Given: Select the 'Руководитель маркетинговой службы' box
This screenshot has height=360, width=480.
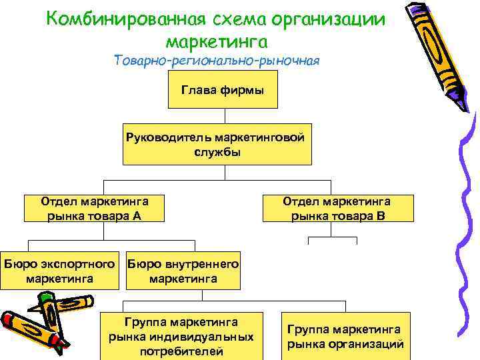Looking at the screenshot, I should coord(217,144).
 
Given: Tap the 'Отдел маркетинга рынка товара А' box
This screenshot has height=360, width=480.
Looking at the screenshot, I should coord(94,208).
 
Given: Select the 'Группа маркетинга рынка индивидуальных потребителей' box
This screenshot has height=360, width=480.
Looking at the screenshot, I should coord(181,336).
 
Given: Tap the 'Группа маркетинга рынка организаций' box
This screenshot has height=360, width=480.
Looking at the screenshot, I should coord(345,337).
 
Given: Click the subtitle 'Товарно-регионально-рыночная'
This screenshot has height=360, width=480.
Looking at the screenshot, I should coord(217,61).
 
